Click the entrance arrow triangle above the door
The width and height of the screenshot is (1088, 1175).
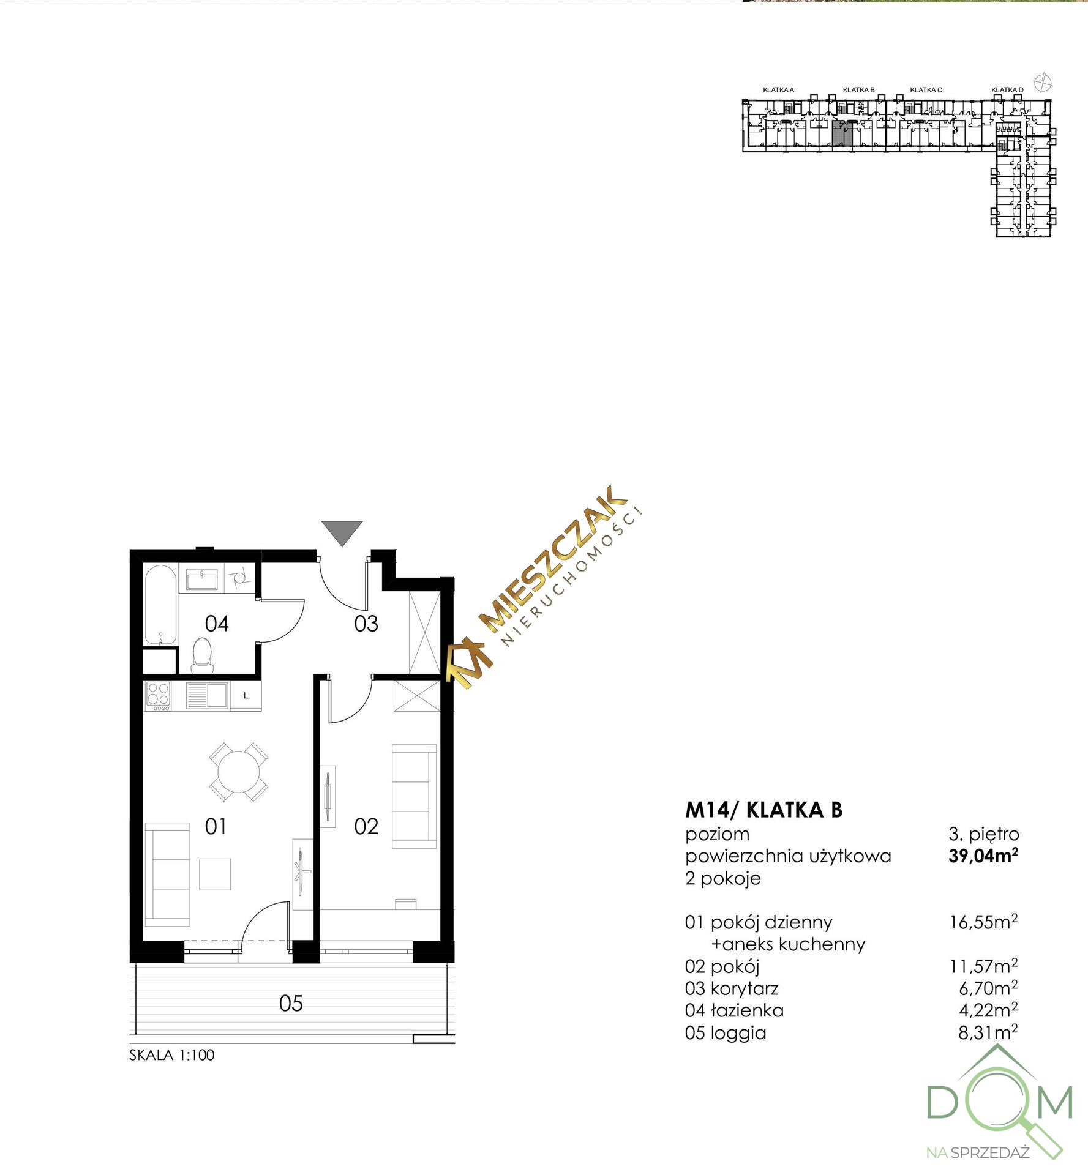coord(342,532)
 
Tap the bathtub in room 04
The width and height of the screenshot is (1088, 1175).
coord(161,604)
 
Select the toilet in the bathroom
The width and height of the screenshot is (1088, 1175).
coord(201,654)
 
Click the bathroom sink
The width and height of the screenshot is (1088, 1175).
coord(201,578)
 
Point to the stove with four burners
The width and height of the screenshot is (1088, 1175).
coord(158,696)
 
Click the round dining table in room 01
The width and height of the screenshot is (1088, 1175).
coord(238,772)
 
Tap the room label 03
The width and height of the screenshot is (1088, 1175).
coord(366,624)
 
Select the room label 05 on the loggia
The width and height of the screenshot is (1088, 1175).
coord(291,1003)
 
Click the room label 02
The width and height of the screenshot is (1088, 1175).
coord(366,826)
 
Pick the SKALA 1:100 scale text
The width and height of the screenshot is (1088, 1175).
coord(172,1055)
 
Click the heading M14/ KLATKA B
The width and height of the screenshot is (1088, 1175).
coord(763,810)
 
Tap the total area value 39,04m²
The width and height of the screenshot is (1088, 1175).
coord(983,855)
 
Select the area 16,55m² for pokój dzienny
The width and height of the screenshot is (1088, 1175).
coord(984,921)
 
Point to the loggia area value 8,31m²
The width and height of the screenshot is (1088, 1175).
coord(988,1032)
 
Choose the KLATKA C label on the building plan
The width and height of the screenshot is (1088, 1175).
coord(926,90)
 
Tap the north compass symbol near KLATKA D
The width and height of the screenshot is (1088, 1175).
coord(1042,82)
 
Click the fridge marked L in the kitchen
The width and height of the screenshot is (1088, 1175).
coord(246,696)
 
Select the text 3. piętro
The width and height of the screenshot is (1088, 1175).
coord(984,834)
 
